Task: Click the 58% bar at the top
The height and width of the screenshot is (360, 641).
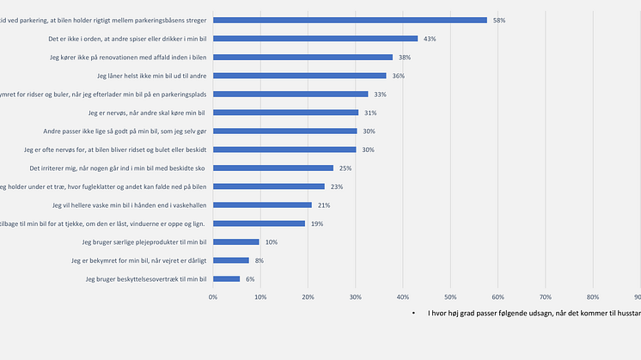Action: coord(350,20)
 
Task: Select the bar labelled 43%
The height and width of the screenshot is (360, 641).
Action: coord(315,39)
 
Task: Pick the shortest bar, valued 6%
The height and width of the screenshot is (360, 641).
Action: coord(227,278)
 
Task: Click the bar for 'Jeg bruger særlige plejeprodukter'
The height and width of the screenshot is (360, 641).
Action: coord(236,241)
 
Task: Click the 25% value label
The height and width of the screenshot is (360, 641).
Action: coord(345,168)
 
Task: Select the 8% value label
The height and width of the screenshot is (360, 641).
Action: coord(260,260)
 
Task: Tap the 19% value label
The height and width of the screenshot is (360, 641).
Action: coord(317,223)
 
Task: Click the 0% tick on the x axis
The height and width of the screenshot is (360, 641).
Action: coord(213,296)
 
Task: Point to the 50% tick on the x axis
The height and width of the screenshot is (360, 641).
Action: coord(449,296)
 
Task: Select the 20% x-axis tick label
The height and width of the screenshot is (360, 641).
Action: coord(308,296)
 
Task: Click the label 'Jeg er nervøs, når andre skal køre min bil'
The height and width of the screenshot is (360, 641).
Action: coord(147,113)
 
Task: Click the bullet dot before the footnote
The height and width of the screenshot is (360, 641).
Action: coord(413,314)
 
